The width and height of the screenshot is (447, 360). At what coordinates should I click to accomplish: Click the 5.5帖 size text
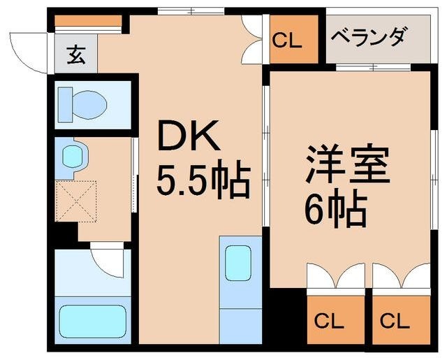(202, 181)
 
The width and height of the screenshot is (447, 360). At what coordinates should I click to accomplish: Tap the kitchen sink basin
(238, 264)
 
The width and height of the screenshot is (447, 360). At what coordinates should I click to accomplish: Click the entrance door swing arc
(28, 48)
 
